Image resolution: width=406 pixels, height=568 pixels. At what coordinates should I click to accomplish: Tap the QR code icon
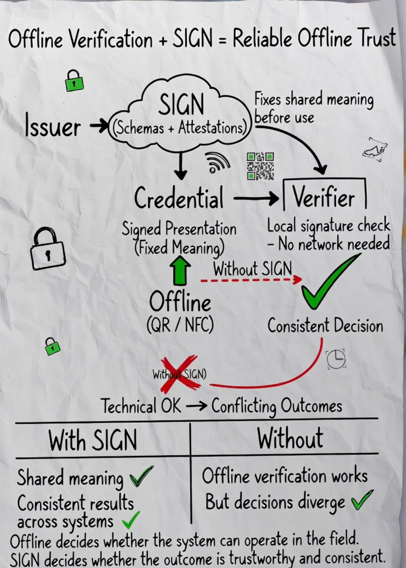[260, 166]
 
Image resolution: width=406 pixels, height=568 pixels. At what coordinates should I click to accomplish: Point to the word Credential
[178, 199]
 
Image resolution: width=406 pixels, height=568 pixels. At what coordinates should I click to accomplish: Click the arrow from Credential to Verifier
[255, 199]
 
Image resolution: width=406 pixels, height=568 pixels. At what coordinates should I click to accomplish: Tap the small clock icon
[336, 359]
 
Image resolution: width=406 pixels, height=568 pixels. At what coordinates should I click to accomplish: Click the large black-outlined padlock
[47, 248]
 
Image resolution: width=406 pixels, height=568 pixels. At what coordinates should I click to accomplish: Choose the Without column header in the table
[290, 438]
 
